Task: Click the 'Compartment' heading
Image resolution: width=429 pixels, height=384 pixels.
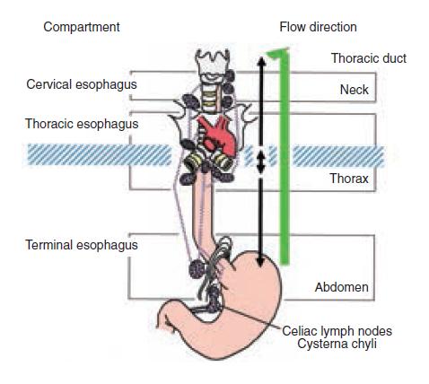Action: (x=82, y=27)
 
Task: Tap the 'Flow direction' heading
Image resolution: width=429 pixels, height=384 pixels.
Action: (x=318, y=27)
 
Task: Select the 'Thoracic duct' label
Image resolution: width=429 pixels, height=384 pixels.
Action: (x=369, y=58)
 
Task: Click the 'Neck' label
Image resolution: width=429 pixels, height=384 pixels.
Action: (x=355, y=90)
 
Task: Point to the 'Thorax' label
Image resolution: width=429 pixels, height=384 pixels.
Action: (x=349, y=179)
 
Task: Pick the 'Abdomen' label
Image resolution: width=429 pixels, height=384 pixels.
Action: (x=342, y=287)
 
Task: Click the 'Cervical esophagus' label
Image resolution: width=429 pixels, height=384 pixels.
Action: (x=82, y=84)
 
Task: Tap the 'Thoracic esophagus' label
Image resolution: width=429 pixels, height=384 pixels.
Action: (x=82, y=124)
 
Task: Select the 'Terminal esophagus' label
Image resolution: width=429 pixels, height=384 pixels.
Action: (x=82, y=245)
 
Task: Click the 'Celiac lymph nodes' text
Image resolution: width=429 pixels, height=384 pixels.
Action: (x=337, y=331)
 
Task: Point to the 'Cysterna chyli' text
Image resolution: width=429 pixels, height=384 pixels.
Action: (x=337, y=344)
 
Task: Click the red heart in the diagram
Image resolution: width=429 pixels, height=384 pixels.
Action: (x=216, y=135)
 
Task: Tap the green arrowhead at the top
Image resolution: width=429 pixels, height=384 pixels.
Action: (x=277, y=53)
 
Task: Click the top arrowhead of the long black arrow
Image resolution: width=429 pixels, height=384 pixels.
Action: (x=261, y=61)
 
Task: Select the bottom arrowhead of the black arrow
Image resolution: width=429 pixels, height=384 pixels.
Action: (x=260, y=261)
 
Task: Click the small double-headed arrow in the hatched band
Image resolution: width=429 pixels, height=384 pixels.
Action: (x=261, y=161)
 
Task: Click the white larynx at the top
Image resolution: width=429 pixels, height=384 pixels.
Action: (x=213, y=65)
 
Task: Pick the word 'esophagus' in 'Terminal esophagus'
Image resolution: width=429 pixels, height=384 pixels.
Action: (x=107, y=246)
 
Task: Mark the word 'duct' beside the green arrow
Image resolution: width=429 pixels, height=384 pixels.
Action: (x=394, y=58)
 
